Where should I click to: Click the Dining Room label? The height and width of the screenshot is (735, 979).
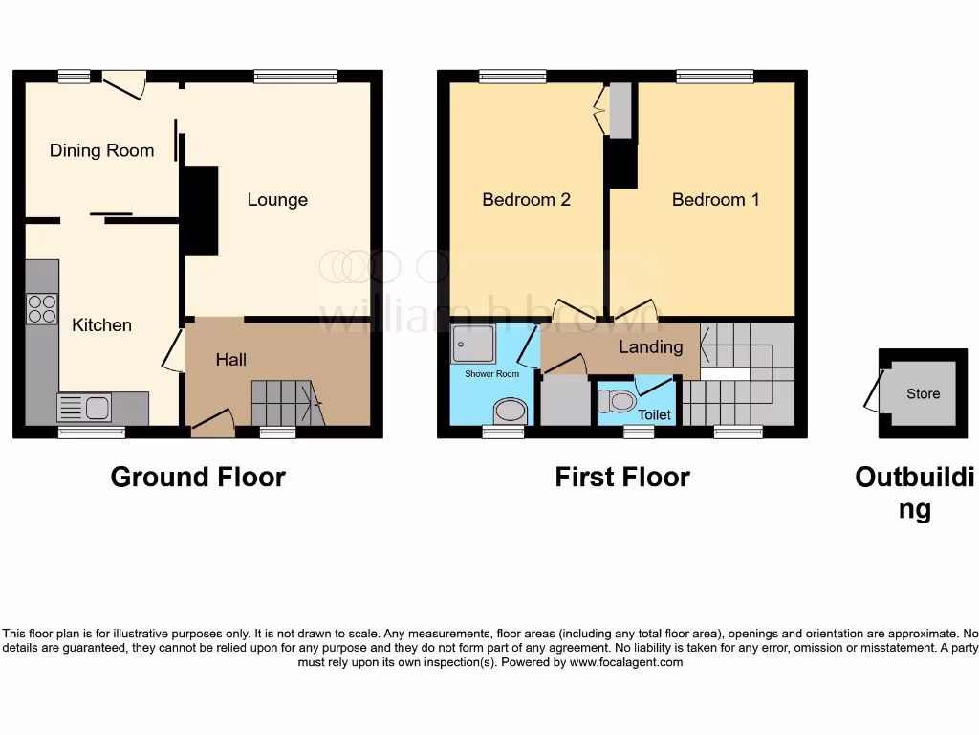101,150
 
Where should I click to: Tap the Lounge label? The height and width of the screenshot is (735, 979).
277,199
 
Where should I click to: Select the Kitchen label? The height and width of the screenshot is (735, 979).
101,324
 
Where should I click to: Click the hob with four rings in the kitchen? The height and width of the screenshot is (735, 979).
41,308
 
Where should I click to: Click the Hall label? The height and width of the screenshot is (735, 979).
230,360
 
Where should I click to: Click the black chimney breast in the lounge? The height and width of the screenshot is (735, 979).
199,210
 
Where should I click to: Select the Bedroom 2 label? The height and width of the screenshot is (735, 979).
526,199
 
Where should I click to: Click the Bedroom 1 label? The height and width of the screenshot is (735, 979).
715,199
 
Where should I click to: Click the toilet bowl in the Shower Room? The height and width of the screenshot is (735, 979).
511,412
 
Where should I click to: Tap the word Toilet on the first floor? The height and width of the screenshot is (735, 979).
655,415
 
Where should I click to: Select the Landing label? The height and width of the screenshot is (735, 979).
650,346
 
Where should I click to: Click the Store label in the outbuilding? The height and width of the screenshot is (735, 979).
923,393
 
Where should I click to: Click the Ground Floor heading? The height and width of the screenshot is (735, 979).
198,477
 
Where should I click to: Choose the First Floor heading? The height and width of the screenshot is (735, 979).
621,477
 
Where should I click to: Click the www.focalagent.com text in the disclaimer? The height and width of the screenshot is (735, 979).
625,662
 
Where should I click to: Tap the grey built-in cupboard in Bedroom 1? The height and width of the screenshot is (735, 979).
621,111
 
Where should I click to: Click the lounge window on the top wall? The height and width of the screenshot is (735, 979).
295,76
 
